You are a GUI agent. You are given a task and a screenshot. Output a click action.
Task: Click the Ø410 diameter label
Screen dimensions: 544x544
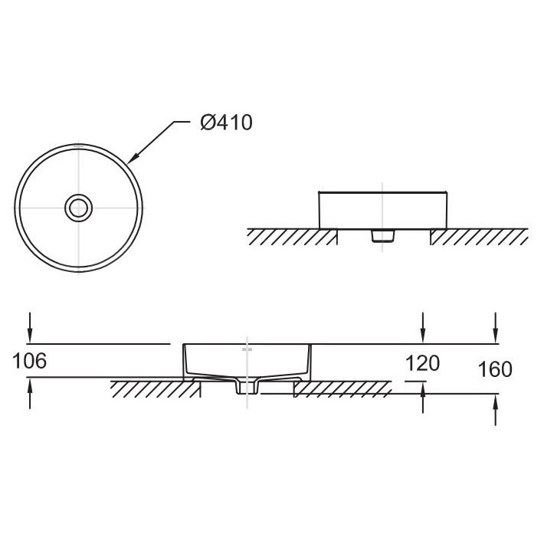tap(225, 123)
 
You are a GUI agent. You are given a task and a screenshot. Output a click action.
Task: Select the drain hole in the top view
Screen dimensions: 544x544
tap(78, 207)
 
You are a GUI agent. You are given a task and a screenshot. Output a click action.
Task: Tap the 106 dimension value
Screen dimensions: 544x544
tap(30, 361)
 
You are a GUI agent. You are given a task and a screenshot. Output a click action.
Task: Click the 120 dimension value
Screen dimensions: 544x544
tap(422, 362)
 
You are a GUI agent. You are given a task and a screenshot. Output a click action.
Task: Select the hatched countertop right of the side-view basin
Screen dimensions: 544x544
tap(478, 237)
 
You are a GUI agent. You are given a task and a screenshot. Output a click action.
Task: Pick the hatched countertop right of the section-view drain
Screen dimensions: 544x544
tap(342, 388)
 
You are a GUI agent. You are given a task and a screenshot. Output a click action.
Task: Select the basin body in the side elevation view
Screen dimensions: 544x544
tap(382, 208)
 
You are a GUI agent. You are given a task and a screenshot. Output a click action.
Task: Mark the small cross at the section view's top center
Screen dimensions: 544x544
tap(247, 349)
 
